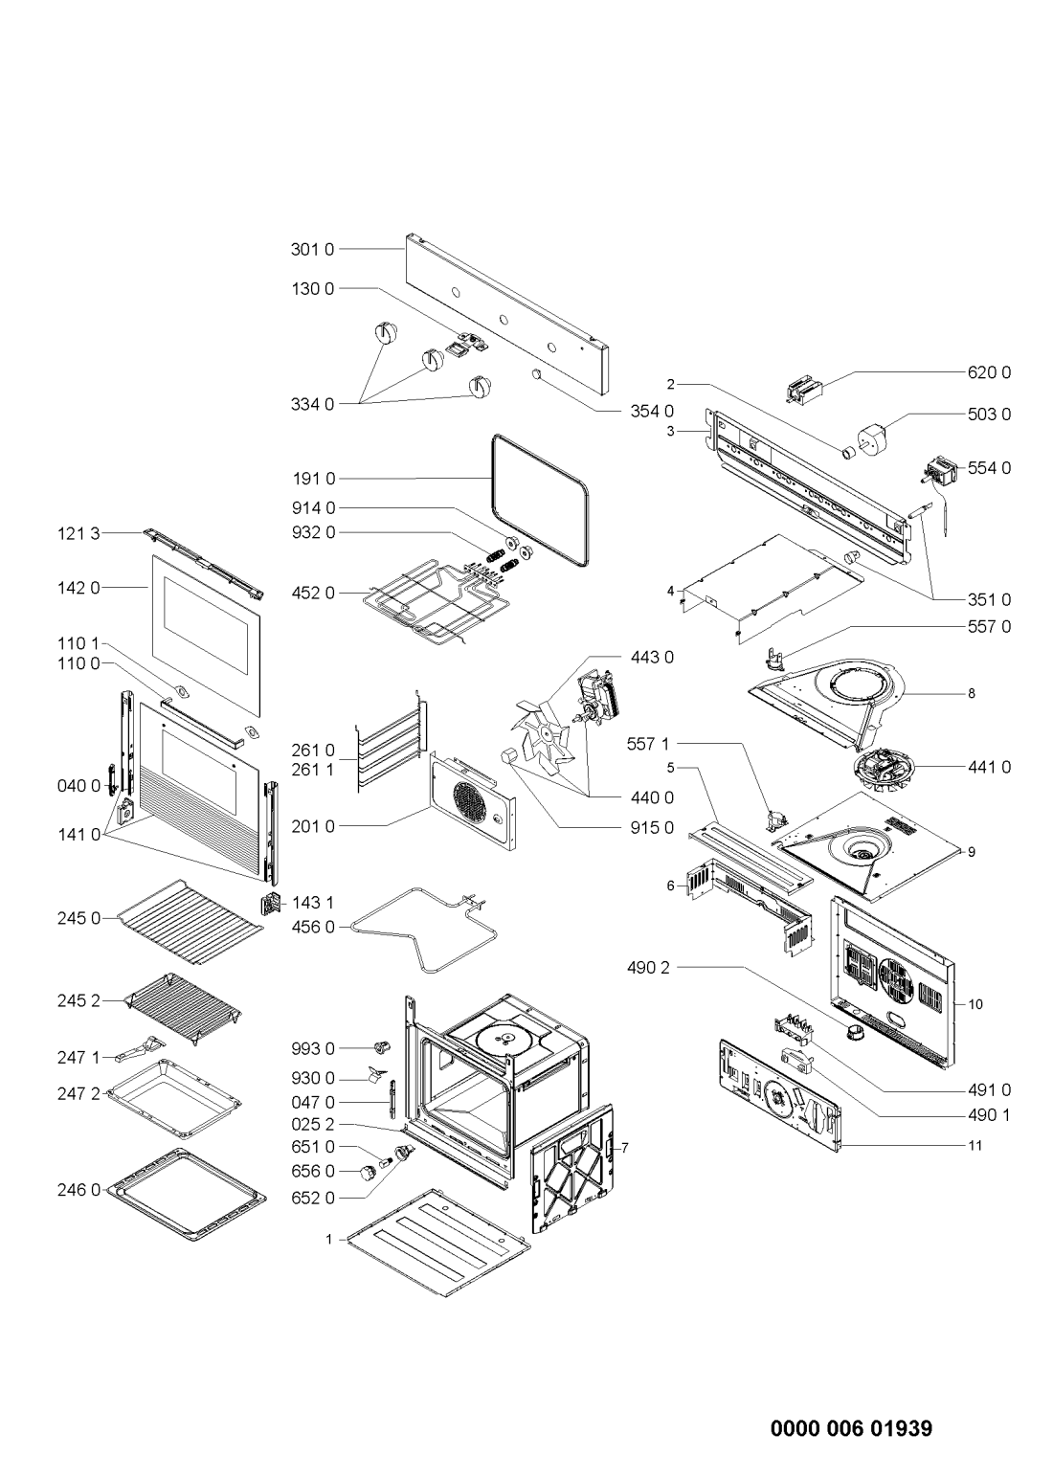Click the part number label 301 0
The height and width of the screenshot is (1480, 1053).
312,250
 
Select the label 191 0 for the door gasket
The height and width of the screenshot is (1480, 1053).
312,478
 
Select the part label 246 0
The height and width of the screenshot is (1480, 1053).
80,1191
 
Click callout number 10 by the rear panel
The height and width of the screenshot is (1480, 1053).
975,1004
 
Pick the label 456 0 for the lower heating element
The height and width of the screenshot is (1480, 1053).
312,927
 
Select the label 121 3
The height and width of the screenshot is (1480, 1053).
80,533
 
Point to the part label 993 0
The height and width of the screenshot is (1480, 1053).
312,1048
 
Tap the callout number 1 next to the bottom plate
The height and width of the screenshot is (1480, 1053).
328,1239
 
